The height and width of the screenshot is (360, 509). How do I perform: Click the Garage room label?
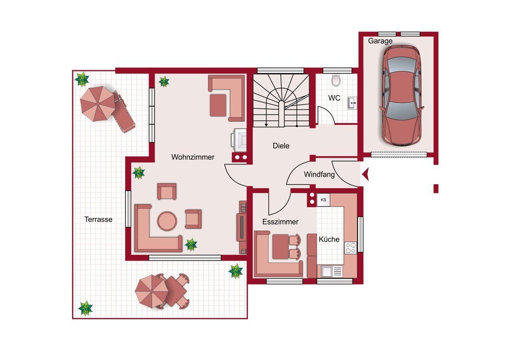(x=380, y=41)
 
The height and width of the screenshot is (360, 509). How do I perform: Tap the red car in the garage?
(x=402, y=96)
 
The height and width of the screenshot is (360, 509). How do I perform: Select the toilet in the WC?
(x=336, y=80)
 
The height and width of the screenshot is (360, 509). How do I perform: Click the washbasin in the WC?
(x=352, y=103)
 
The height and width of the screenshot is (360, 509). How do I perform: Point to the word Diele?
(x=281, y=146)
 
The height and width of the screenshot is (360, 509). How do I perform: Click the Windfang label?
(x=319, y=174)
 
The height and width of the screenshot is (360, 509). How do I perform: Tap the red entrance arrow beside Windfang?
(x=365, y=174)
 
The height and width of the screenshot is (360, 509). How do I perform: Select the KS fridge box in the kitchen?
(x=323, y=200)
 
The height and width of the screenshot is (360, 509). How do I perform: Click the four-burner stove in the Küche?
(x=350, y=248)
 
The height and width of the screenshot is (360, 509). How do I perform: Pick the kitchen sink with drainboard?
(x=332, y=271)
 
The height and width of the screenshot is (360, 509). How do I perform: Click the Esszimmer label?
(x=280, y=222)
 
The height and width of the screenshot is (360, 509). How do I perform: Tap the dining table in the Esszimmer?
(x=281, y=247)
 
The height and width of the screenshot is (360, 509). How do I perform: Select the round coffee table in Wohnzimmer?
(x=167, y=221)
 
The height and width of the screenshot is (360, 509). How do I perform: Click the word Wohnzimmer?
(x=193, y=157)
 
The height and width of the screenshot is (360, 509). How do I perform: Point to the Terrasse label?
(x=98, y=219)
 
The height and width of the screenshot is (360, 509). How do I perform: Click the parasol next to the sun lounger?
(x=98, y=104)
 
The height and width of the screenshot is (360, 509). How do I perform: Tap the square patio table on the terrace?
(x=176, y=291)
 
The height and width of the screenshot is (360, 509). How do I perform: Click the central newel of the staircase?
(x=281, y=114)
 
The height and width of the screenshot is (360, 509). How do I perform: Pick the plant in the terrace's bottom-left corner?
(x=85, y=308)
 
